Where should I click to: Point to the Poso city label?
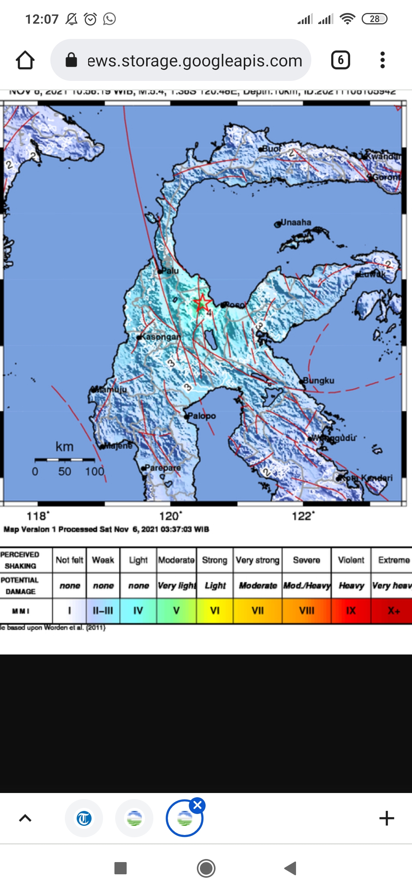(x=235, y=305)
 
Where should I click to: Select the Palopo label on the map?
(x=202, y=416)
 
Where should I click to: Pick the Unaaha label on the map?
(x=296, y=222)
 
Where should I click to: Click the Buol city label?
(x=272, y=148)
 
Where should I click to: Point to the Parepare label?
(x=163, y=467)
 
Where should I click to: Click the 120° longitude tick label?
(x=170, y=516)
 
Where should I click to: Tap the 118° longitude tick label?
(x=37, y=516)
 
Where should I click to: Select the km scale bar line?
(x=64, y=460)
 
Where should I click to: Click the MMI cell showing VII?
(x=257, y=611)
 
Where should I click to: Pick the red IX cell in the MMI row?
(x=351, y=611)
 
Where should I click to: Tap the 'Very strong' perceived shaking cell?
(x=257, y=560)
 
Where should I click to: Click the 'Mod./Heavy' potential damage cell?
(x=307, y=585)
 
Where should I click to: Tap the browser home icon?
(x=25, y=60)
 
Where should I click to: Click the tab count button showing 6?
(x=340, y=60)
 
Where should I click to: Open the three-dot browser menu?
(x=382, y=60)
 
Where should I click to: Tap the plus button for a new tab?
(x=386, y=818)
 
